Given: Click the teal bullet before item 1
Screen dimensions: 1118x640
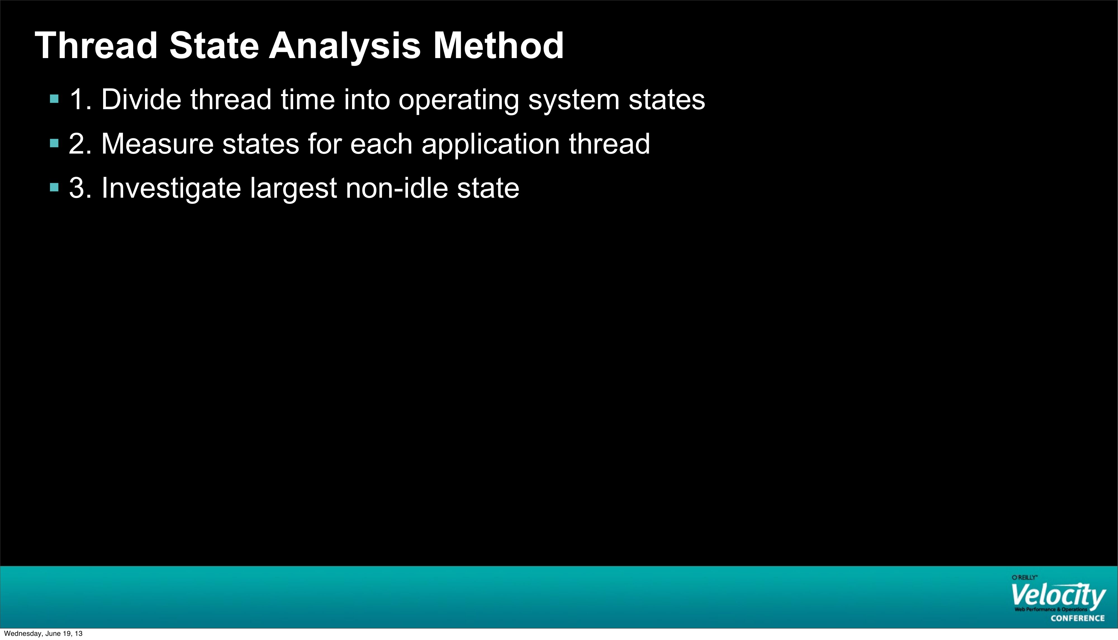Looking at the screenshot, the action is (54, 99).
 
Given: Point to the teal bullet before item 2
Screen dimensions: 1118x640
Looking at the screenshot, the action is (54, 143).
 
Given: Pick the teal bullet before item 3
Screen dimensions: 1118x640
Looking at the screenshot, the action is (54, 188).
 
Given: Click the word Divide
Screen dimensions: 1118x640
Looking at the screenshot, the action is (141, 99).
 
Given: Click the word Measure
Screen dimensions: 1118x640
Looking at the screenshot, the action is (157, 144).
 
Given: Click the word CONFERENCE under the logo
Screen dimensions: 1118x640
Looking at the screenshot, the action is (1077, 618).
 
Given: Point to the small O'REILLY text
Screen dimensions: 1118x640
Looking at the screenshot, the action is (1024, 577).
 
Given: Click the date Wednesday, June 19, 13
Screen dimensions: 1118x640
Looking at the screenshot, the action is (43, 633).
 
